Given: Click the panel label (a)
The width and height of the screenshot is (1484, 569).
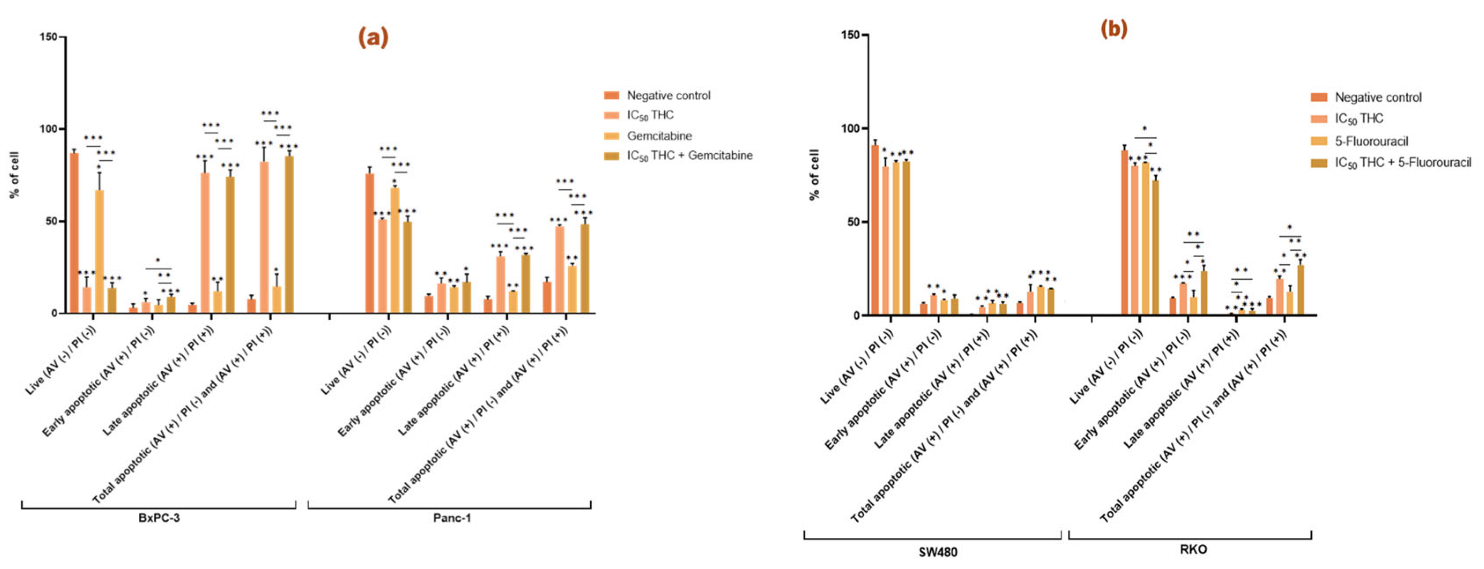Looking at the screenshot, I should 373,37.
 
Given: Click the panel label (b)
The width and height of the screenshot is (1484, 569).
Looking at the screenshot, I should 1113,29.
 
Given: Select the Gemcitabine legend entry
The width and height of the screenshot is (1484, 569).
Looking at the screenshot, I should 659,136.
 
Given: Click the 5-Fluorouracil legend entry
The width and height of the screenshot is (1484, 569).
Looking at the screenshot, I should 1371,141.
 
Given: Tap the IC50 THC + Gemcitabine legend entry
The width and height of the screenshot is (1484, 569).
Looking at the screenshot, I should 689,155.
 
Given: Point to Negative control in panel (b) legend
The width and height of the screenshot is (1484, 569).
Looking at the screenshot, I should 1377,97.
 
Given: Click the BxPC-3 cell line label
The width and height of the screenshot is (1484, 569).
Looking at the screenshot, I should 159,518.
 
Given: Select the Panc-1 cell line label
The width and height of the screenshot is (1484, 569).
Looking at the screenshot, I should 451,518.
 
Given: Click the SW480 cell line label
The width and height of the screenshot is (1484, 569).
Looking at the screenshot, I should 937,552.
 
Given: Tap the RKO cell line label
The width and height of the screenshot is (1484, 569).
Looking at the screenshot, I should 1193,549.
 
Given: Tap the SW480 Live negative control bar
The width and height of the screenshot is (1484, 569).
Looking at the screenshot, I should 874,230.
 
